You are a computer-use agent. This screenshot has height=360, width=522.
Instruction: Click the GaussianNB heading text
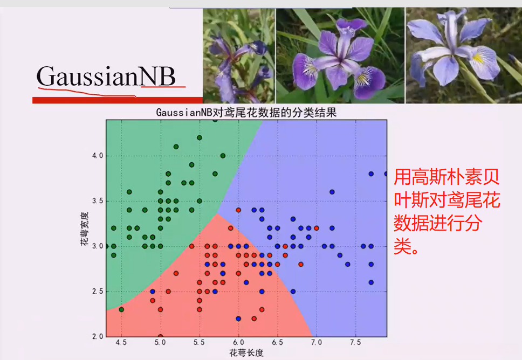tap(106, 77)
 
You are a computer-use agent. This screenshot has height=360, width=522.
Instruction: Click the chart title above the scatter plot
tap(245, 112)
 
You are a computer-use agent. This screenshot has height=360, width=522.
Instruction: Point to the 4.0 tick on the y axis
tap(97, 156)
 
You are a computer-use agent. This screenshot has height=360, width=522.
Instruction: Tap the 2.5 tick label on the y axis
tap(97, 292)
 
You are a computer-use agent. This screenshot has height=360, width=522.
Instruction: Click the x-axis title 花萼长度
tap(246, 353)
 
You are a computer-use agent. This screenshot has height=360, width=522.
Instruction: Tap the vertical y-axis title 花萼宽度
tap(85, 229)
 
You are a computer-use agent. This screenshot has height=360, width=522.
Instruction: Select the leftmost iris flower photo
tap(239, 55)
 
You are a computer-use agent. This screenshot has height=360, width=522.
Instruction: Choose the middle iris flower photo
tap(340, 55)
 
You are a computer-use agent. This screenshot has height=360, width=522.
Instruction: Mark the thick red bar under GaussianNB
tap(117, 100)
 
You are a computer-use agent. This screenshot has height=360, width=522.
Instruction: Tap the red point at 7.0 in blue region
tap(317, 228)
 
